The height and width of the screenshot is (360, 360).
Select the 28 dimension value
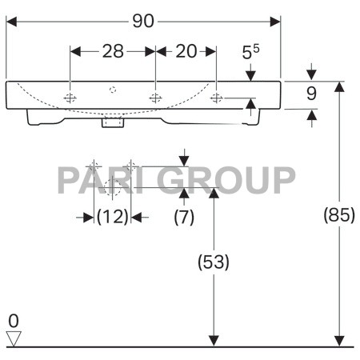tap(113, 51)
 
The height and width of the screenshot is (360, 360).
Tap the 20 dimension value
tap(186, 51)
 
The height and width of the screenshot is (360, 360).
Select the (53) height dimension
tap(214, 262)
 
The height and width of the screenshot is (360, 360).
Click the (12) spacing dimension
tap(113, 217)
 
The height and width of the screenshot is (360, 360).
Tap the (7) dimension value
tap(185, 217)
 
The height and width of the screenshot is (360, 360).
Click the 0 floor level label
tap(13, 321)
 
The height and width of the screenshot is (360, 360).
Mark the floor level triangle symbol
tap(13, 339)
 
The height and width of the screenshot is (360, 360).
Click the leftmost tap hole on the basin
tap(71, 98)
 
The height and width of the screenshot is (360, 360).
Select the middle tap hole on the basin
tap(155, 98)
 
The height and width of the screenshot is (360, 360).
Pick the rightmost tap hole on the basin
tap(217, 98)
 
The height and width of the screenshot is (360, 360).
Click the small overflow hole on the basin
tap(113, 90)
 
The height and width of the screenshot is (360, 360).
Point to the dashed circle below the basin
tap(113, 189)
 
